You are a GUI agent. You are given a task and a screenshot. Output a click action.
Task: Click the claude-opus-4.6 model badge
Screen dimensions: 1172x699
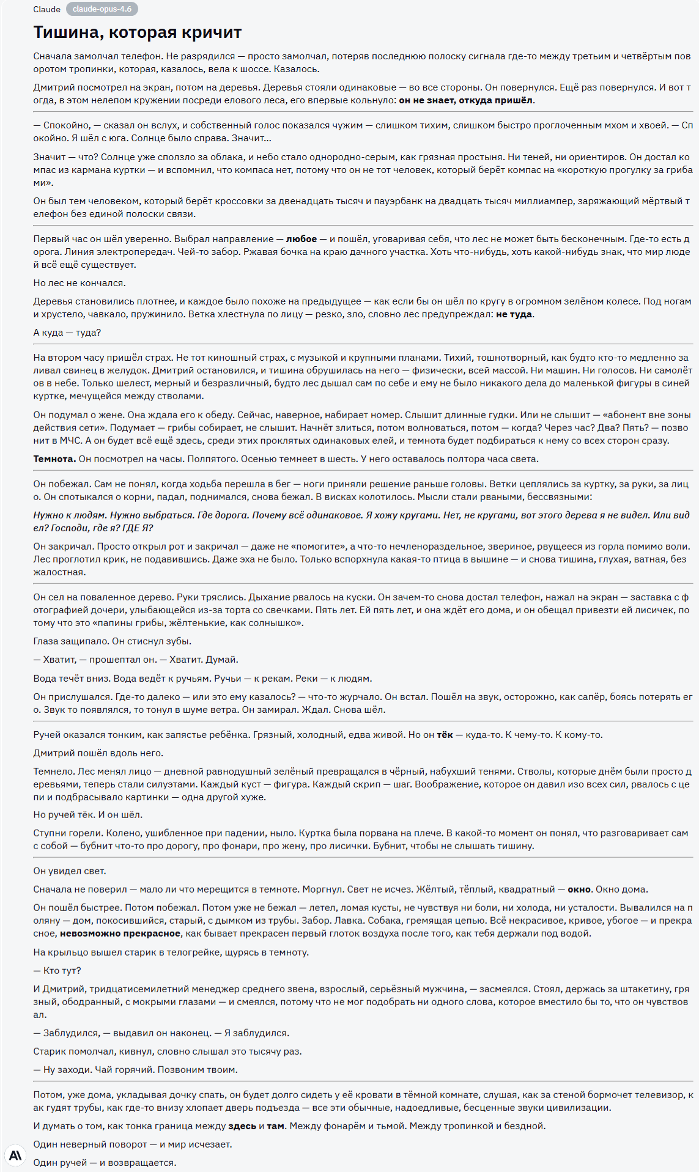point(102,9)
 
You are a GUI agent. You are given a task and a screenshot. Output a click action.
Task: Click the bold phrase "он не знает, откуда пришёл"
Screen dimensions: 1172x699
point(466,100)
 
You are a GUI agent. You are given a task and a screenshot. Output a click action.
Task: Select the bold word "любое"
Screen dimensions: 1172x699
point(301,239)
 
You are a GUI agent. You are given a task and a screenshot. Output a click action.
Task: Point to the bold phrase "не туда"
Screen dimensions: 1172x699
point(514,314)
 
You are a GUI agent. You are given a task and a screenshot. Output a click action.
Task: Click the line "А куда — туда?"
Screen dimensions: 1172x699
point(67,333)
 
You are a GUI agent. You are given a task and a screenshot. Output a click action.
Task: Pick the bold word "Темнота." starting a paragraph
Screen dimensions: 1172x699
point(54,459)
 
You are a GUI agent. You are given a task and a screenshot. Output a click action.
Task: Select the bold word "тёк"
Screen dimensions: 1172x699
point(445,734)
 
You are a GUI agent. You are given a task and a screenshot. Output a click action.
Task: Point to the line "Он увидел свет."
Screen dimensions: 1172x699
point(70,871)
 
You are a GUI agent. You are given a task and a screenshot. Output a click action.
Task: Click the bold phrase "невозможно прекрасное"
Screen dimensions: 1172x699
point(120,933)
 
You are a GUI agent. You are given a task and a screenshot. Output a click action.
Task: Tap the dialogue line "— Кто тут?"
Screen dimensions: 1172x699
point(57,970)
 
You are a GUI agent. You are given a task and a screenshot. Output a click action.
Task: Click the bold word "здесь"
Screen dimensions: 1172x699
point(242,1126)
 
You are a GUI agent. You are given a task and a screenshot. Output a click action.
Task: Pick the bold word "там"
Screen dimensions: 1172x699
point(275,1126)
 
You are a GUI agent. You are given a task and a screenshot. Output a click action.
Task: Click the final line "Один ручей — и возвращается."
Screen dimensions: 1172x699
point(105,1162)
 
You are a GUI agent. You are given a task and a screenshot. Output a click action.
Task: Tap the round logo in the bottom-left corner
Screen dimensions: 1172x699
point(15,1155)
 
